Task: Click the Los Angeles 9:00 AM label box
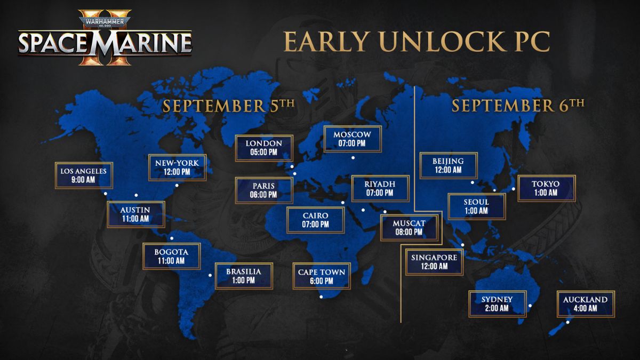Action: [84, 175]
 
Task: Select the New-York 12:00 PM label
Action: [177, 167]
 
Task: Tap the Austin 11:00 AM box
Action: [136, 214]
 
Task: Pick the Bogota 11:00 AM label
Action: [171, 256]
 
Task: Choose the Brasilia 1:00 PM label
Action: [243, 276]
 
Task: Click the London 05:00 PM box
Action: [265, 148]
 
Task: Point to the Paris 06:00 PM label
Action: [264, 190]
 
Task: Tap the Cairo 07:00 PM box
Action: [315, 220]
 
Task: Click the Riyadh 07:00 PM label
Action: [380, 188]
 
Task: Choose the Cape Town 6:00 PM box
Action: [322, 276]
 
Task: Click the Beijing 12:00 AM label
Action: [449, 165]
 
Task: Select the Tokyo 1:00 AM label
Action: [546, 188]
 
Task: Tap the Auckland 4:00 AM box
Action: [585, 304]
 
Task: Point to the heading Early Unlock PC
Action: [416, 43]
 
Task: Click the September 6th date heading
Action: [518, 105]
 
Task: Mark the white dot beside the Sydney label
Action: [530, 306]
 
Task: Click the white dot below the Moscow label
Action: [353, 158]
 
